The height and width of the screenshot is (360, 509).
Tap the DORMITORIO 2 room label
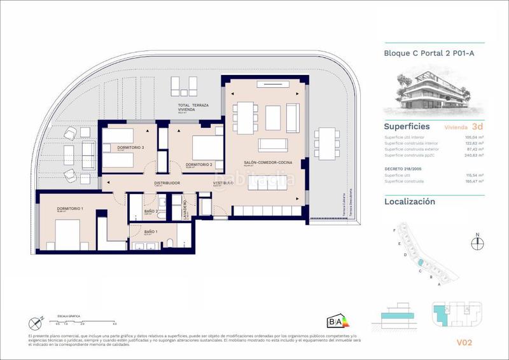tap(199, 165)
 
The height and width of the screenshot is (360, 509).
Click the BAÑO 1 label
tap(151, 232)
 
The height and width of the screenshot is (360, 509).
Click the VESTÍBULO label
tap(223, 183)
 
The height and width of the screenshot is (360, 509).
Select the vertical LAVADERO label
tap(185, 207)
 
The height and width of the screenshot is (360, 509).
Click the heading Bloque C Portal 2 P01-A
tap(429, 53)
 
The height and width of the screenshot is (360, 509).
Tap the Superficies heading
tap(407, 127)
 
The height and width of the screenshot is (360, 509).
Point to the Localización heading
tap(410, 202)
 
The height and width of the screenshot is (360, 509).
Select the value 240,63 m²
tap(472, 155)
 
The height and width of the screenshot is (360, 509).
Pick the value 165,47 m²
tap(472, 181)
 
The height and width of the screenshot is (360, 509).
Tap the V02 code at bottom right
tap(464, 342)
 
